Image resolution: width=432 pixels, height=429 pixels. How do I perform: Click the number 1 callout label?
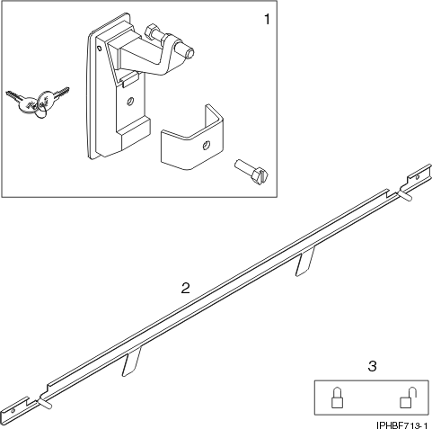[265, 17]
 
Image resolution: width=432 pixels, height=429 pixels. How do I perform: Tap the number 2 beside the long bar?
[185, 289]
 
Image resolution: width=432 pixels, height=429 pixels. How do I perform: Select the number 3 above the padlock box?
[372, 366]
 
